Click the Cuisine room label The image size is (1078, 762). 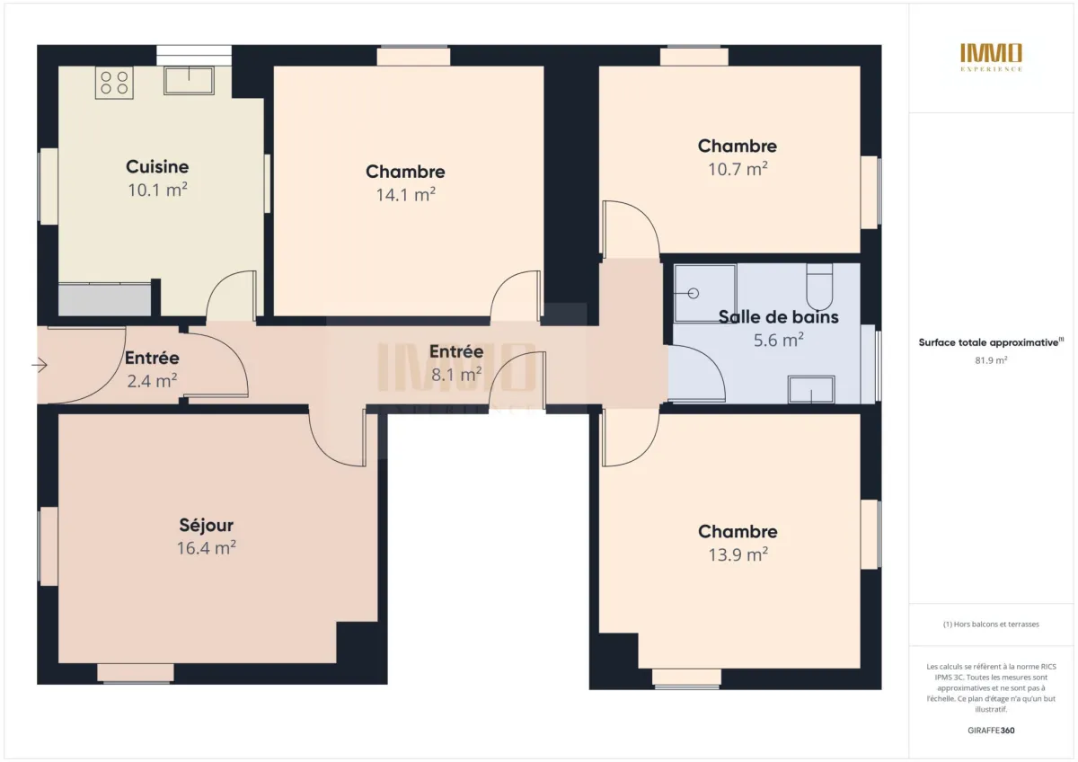(157, 166)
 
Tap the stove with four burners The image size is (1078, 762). (114, 83)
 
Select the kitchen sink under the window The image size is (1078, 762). (189, 81)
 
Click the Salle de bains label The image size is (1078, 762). (778, 316)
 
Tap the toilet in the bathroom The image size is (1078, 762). (819, 287)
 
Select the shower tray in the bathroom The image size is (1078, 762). (704, 292)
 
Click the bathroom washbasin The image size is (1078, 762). (811, 390)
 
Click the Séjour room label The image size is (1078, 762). (206, 525)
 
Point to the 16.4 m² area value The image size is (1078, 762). (206, 547)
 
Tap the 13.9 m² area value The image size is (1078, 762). (738, 554)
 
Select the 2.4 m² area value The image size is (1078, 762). (152, 380)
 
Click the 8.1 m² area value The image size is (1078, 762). (456, 374)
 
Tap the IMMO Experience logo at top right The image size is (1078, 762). (992, 57)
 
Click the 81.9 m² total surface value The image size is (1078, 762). (992, 359)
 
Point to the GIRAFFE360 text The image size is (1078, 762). (992, 731)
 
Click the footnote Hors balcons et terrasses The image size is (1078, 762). (992, 625)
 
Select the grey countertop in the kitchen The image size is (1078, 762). (105, 299)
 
